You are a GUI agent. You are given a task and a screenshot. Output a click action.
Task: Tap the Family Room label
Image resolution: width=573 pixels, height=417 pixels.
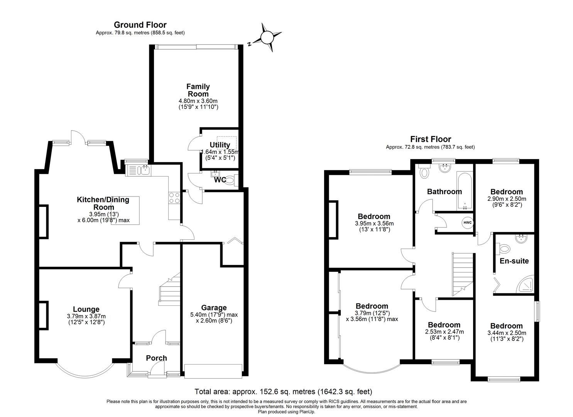(198, 90)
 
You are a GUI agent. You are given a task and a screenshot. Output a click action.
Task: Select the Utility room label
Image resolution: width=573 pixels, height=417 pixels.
(220, 145)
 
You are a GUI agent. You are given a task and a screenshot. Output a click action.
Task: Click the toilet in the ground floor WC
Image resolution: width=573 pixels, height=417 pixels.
(230, 180)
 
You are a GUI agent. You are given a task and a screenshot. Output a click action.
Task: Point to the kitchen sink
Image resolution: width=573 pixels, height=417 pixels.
(145, 170)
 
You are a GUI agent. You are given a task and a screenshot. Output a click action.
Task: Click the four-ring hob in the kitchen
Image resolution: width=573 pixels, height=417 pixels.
(174, 198)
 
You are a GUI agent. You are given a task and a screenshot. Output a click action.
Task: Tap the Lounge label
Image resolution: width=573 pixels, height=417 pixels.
(86, 309)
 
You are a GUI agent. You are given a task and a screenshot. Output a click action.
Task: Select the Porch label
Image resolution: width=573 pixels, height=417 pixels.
(156, 358)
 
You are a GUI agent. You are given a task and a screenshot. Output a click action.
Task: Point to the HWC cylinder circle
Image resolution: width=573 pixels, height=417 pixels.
(467, 223)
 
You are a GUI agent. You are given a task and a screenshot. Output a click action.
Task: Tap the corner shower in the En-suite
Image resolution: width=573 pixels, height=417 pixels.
(526, 284)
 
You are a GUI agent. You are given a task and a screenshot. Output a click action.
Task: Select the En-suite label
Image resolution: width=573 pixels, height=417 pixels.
(514, 261)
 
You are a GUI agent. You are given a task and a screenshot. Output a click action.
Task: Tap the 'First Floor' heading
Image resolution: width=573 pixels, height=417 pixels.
(430, 139)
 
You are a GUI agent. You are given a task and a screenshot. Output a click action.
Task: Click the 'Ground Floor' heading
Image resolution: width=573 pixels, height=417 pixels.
(140, 25)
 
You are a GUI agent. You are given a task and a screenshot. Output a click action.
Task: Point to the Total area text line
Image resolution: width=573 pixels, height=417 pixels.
(283, 392)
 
